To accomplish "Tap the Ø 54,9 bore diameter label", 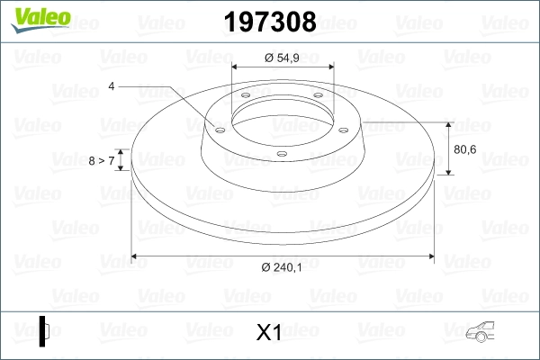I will point(282,57).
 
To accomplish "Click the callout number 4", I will point(112,86).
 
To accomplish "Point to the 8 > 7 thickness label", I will point(101,160).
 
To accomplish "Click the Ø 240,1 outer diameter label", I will point(281,267).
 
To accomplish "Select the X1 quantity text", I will point(269,333).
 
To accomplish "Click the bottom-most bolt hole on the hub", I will point(282,153).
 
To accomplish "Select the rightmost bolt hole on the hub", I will point(346,127).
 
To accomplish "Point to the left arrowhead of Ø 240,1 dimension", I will point(136,256).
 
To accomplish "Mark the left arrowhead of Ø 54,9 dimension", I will point(236,67).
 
